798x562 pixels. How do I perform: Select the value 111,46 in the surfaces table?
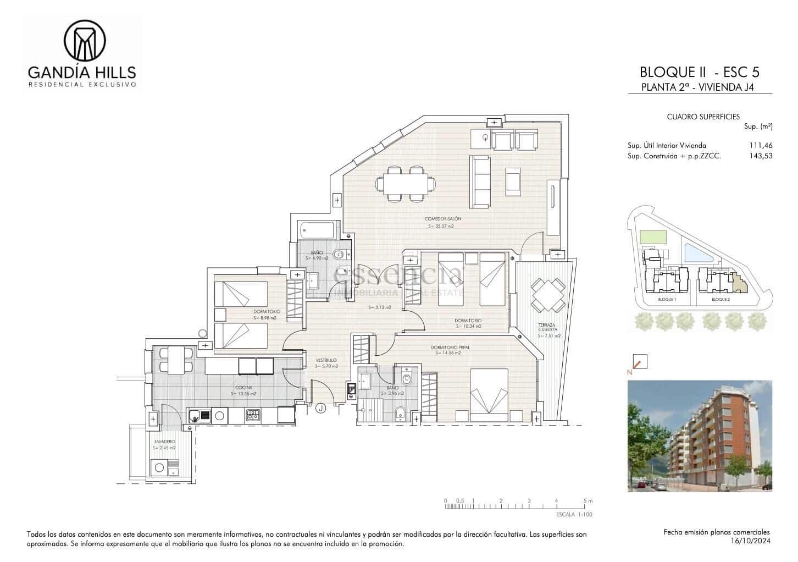click(761, 146)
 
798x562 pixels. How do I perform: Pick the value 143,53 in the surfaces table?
click(761, 156)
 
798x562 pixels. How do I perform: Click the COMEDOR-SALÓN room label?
click(442, 219)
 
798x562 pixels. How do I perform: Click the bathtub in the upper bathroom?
click(318, 230)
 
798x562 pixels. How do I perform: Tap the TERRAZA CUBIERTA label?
click(547, 327)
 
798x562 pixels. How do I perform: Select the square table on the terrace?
click(548, 295)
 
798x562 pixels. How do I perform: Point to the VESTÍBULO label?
click(326, 360)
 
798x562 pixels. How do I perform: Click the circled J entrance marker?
click(321, 408)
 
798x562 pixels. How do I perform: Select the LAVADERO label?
click(164, 442)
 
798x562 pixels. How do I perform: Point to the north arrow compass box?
click(640, 361)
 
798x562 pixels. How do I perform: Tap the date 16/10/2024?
click(751, 542)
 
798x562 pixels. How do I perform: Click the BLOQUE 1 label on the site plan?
click(666, 300)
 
